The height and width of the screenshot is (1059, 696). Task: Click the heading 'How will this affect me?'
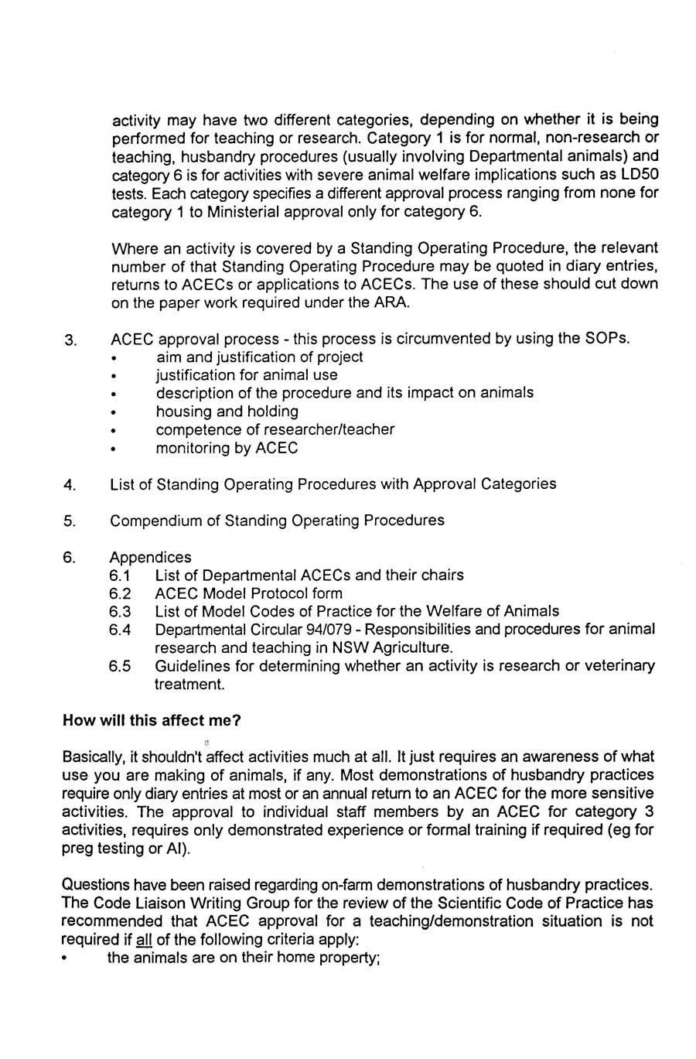tap(152, 720)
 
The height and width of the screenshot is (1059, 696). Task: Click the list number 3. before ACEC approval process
tap(70, 340)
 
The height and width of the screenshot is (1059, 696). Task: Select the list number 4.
tap(70, 485)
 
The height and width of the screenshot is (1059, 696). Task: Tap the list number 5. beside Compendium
tap(70, 521)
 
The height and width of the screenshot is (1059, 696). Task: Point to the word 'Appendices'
tap(150, 557)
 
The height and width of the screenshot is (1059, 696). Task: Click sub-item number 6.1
tap(120, 576)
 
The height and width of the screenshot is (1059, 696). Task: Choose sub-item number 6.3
tap(120, 612)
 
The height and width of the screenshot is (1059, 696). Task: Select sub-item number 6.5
tap(120, 666)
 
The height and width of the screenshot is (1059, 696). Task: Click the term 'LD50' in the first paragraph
tap(640, 174)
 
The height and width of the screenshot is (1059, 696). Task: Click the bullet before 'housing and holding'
tap(114, 413)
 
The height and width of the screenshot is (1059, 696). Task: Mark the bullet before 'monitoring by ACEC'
tap(114, 449)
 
